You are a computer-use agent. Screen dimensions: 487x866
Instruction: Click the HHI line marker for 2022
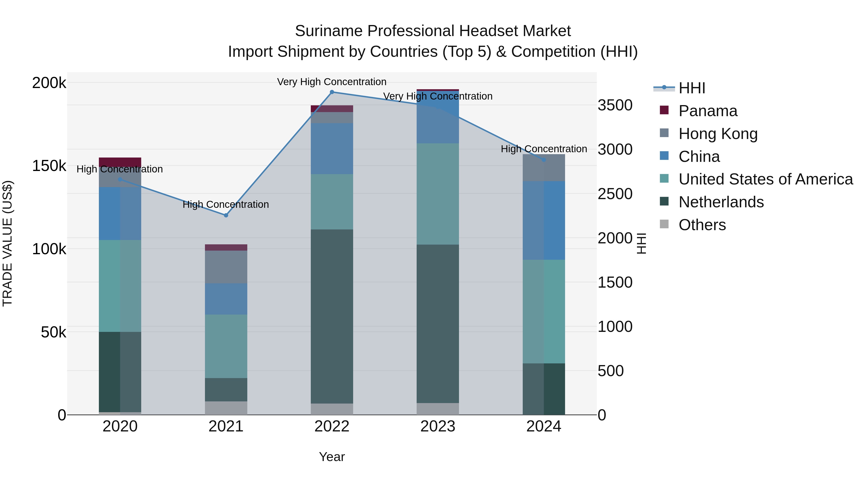pos(332,92)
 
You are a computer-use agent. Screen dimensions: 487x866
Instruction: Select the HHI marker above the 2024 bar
pos(544,160)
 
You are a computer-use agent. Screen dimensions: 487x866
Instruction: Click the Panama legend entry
pos(708,111)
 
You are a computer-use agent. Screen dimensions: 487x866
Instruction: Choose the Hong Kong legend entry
pos(718,134)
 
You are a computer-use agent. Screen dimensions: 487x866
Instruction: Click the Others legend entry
pos(702,225)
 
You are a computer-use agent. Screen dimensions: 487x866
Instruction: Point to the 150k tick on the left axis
pos(49,166)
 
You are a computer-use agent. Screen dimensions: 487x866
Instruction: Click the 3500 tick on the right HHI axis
pos(615,105)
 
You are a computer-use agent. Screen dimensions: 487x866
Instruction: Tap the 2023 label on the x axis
pos(438,426)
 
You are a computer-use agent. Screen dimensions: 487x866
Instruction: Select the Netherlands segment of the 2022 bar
pos(332,316)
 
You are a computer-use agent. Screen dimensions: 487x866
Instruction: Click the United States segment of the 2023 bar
pos(438,194)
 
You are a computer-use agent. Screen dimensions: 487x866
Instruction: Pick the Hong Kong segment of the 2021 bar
pos(226,267)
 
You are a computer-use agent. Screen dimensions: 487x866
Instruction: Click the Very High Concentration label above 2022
pos(332,82)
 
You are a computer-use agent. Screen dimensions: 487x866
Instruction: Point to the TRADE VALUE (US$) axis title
pos(7,243)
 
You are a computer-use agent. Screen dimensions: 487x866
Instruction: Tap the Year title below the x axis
pos(332,457)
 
